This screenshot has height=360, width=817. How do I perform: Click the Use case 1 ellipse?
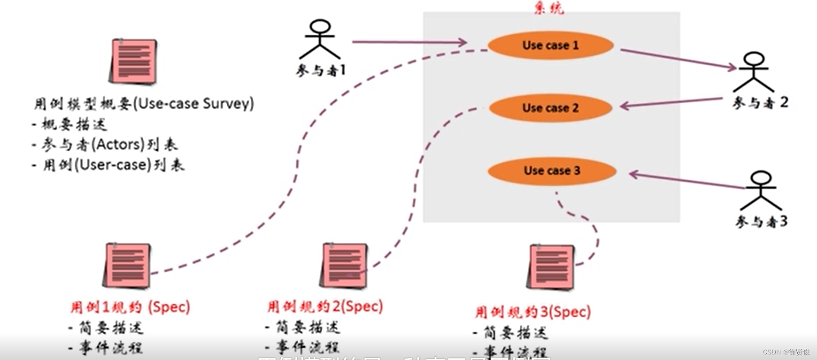[x=550, y=46]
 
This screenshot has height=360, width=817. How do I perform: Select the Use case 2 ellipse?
[x=550, y=108]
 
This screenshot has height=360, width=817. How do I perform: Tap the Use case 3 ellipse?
[x=552, y=170]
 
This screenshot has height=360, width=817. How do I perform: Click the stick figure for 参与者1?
[x=320, y=39]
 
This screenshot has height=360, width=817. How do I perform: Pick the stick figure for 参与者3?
[x=761, y=191]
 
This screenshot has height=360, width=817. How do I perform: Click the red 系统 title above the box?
[x=549, y=8]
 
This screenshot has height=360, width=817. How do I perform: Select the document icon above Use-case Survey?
[x=133, y=61]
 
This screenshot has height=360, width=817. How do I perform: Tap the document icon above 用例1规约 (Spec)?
[x=127, y=265]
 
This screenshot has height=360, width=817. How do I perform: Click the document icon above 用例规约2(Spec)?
[x=344, y=265]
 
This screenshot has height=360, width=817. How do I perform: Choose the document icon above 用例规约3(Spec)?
[x=551, y=267]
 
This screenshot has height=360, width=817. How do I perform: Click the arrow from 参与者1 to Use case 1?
[x=409, y=42]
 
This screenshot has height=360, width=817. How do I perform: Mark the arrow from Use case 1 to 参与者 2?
[x=678, y=59]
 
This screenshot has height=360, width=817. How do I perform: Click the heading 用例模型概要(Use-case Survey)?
[x=144, y=103]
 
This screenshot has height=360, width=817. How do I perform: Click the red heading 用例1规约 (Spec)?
[x=130, y=307]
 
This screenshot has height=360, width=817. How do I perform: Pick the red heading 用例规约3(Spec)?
[x=532, y=312]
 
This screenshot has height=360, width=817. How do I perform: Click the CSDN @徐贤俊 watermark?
[x=786, y=352]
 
